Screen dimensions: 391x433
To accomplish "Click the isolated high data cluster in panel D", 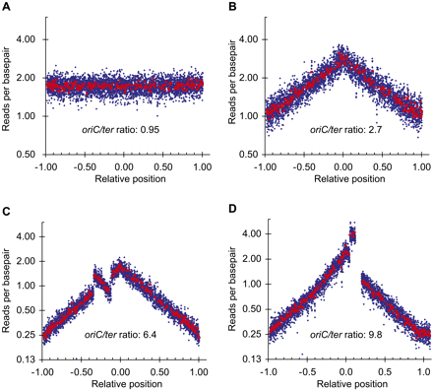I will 352,234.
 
